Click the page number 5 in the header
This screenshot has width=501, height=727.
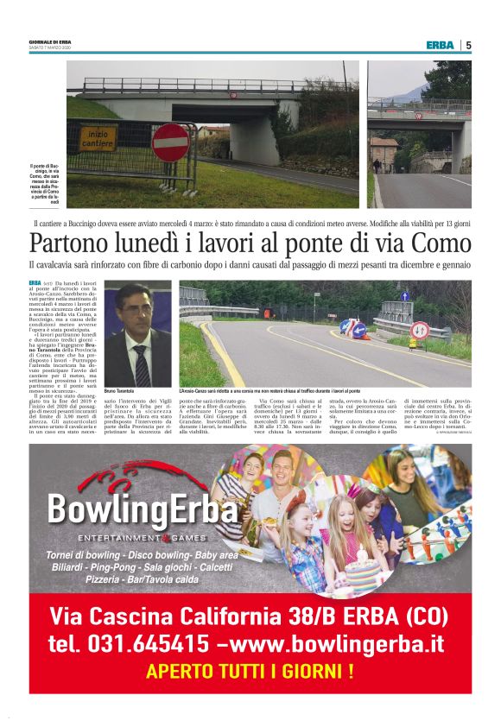(x=468, y=45)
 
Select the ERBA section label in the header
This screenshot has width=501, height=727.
(x=441, y=45)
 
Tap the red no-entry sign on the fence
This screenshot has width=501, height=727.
(x=170, y=142)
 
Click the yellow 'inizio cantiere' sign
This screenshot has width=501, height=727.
(x=100, y=138)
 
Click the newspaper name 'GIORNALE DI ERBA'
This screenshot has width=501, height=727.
(x=50, y=41)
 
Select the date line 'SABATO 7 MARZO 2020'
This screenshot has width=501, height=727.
(x=52, y=47)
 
